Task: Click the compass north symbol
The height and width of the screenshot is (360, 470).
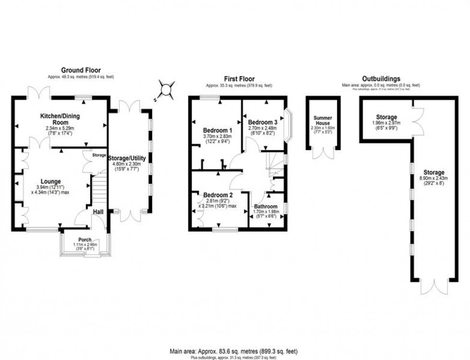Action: [x=166, y=90]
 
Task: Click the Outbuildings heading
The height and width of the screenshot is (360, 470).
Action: [x=381, y=79]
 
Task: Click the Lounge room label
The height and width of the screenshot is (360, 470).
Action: [x=51, y=181]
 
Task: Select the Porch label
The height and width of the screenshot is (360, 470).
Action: [x=84, y=240]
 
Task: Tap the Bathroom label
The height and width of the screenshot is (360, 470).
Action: [x=266, y=207]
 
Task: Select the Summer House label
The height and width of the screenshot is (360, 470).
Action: [x=323, y=120]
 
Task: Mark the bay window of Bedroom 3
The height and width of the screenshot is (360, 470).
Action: [x=288, y=125]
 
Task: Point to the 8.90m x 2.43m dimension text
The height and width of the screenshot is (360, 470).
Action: [x=433, y=178]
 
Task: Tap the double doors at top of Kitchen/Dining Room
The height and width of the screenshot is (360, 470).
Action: [x=39, y=92]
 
